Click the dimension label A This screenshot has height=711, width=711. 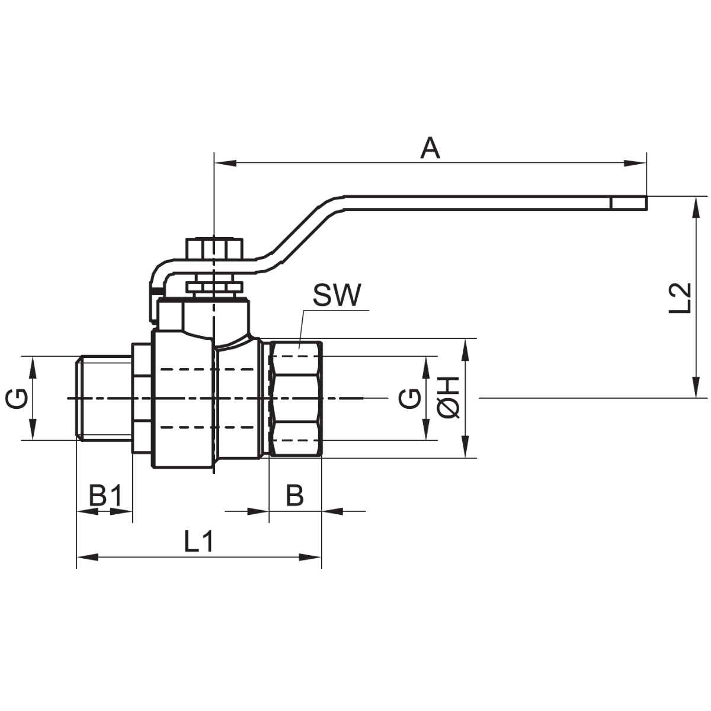click(x=431, y=148)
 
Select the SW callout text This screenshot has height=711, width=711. click(x=337, y=296)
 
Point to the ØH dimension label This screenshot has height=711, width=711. click(x=449, y=398)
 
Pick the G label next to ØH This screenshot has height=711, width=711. click(x=409, y=398)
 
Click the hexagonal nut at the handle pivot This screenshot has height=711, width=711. click(x=214, y=248)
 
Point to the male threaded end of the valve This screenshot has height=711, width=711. click(x=104, y=398)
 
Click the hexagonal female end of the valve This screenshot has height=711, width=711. click(x=295, y=398)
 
